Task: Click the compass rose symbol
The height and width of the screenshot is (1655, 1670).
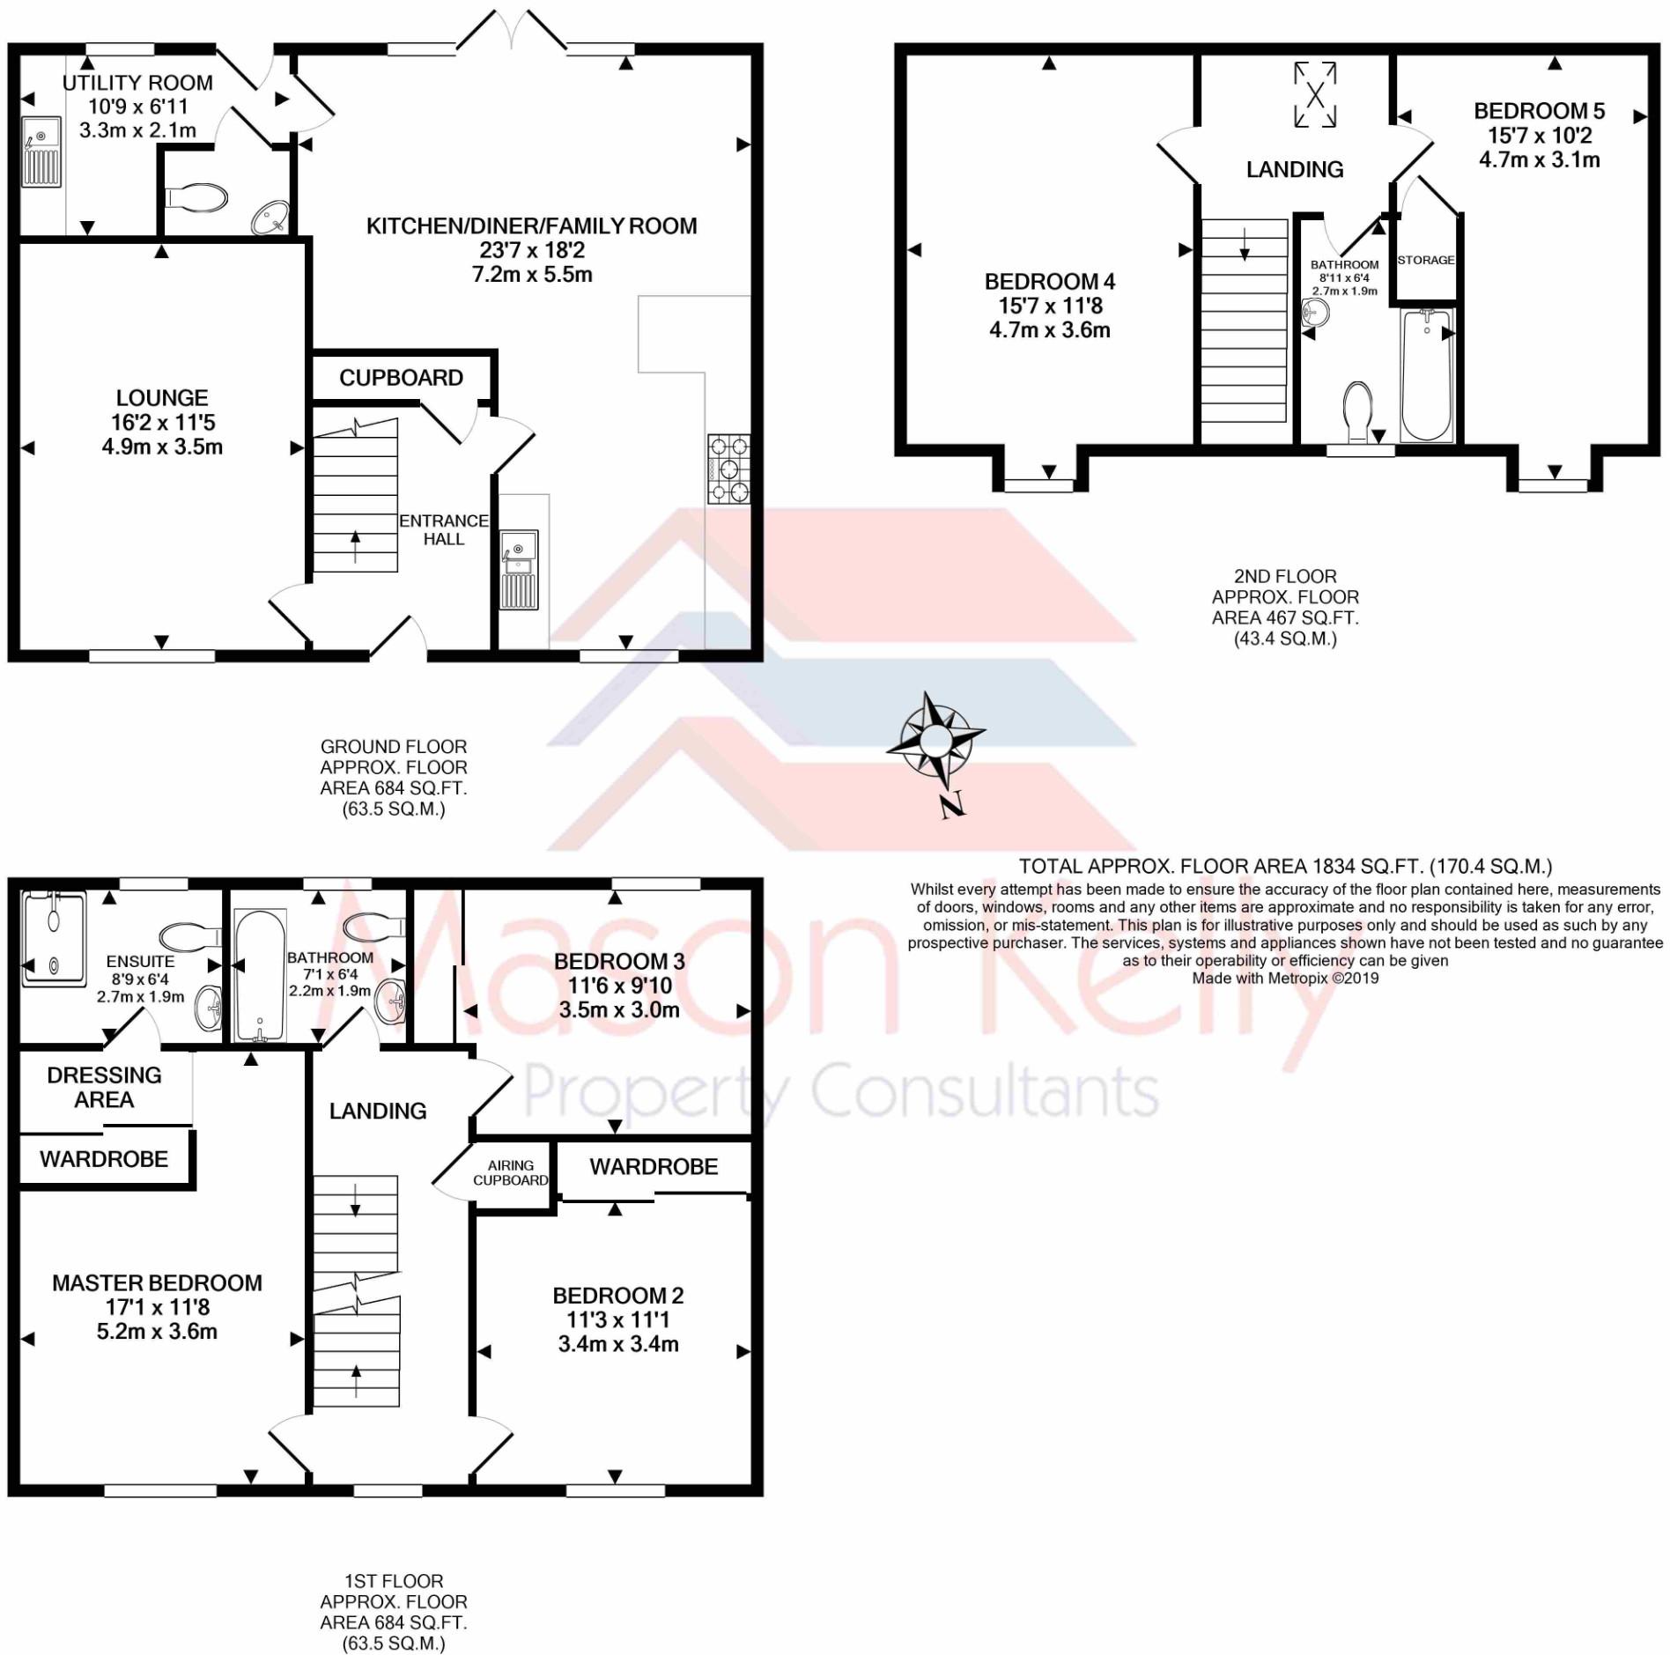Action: click(935, 740)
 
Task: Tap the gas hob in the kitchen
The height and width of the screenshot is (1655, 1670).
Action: click(728, 469)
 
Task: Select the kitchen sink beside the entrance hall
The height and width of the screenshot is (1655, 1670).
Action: click(519, 570)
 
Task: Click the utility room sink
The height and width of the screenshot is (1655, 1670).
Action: click(41, 151)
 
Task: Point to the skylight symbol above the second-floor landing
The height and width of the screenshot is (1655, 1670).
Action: click(1314, 93)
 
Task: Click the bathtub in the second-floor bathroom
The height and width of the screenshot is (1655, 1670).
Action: click(1427, 374)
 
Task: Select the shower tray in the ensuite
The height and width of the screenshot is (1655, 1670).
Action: click(54, 938)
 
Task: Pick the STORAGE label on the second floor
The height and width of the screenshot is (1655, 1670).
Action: click(1425, 260)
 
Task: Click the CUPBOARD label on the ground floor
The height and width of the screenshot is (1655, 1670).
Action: click(401, 378)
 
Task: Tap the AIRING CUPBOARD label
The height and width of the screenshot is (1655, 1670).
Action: click(511, 1172)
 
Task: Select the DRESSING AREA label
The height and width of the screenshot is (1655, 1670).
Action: click(104, 1087)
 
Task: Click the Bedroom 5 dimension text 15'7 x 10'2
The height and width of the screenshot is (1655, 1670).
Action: click(1540, 136)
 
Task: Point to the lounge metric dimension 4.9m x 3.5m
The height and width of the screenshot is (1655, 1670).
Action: click(162, 447)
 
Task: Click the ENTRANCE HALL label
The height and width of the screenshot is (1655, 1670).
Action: click(443, 529)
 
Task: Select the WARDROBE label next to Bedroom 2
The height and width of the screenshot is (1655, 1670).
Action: click(654, 1166)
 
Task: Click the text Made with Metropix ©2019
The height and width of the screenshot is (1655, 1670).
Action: click(1285, 978)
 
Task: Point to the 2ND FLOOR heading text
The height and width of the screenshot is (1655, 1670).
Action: click(1285, 576)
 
